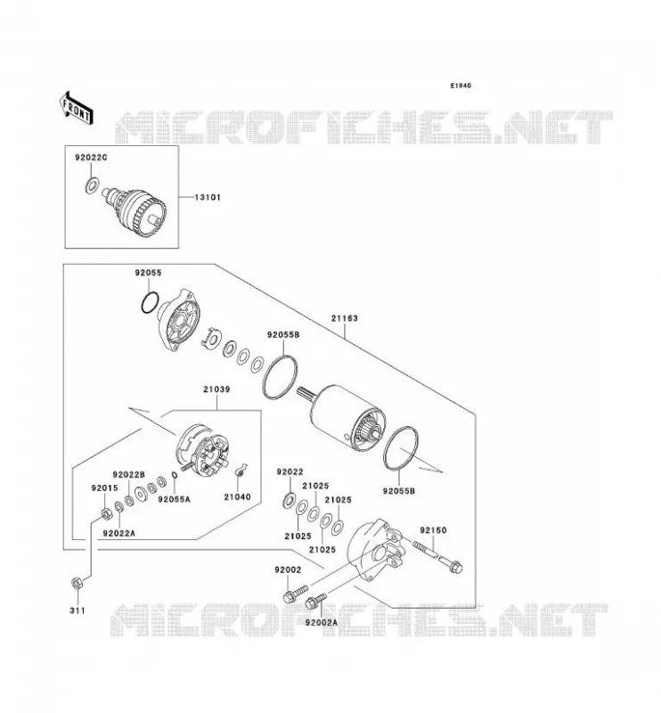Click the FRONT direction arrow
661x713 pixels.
click(76, 108)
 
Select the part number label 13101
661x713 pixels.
click(208, 197)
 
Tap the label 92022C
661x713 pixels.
click(91, 158)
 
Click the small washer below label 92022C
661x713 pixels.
click(93, 185)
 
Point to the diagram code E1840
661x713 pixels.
click(461, 86)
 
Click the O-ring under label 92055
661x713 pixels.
click(150, 302)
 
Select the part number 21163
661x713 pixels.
click(344, 318)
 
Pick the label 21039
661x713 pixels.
click(216, 389)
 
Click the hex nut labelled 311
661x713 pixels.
click(77, 583)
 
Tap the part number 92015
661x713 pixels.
click(104, 488)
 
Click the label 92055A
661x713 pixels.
click(174, 499)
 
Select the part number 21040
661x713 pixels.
click(237, 497)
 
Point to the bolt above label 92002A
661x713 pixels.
click(316, 600)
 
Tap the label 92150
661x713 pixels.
click(433, 530)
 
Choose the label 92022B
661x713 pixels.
click(128, 474)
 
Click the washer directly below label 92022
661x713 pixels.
click(289, 498)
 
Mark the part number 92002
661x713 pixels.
click(288, 570)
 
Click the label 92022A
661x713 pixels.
click(119, 533)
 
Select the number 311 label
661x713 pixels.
click(78, 611)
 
